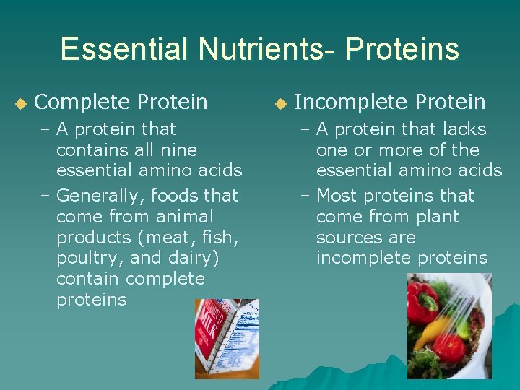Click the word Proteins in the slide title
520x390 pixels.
[402, 50]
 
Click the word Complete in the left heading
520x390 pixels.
[82, 103]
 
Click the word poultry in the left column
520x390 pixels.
[84, 259]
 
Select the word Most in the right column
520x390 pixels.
[337, 196]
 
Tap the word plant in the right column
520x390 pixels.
[436, 217]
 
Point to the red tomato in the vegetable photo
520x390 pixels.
[448, 347]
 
